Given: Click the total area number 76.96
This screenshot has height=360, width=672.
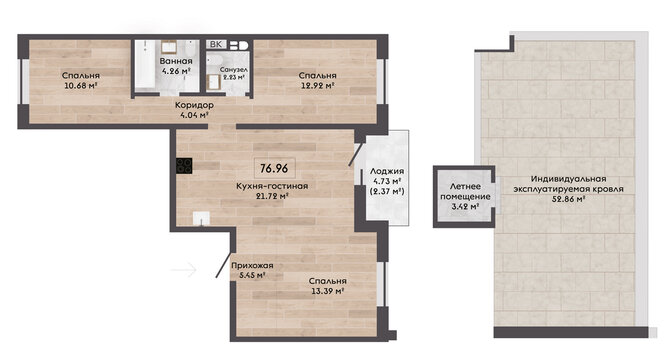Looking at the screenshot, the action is [274, 168].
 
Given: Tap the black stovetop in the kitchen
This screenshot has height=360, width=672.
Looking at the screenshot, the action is [184, 166].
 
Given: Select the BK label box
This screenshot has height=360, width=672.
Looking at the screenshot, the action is [216, 45].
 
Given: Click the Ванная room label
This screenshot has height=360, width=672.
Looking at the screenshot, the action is [176, 61].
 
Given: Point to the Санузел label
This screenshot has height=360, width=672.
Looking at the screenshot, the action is [234, 69].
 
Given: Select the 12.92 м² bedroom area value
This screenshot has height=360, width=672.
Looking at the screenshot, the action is [317, 85].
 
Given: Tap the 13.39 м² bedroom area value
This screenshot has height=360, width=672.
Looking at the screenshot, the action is [328, 291].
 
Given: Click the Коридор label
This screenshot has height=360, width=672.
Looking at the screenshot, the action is [194, 105].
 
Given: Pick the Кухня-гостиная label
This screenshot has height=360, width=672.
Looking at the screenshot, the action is [272, 186].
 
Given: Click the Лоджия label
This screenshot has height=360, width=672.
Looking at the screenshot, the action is [387, 171].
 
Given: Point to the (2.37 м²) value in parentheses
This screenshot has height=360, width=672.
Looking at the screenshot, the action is [387, 191].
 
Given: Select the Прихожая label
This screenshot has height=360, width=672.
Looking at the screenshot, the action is [252, 266].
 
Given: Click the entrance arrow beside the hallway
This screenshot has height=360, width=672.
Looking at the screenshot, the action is [183, 270].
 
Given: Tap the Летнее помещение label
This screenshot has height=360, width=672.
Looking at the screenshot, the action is [465, 192].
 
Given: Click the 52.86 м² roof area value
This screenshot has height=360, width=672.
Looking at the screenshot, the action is [568, 199].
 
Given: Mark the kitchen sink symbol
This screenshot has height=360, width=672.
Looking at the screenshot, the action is [201, 218].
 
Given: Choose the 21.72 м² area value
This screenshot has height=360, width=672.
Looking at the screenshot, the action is [272, 196].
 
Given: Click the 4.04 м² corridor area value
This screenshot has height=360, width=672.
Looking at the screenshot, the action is [195, 114].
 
